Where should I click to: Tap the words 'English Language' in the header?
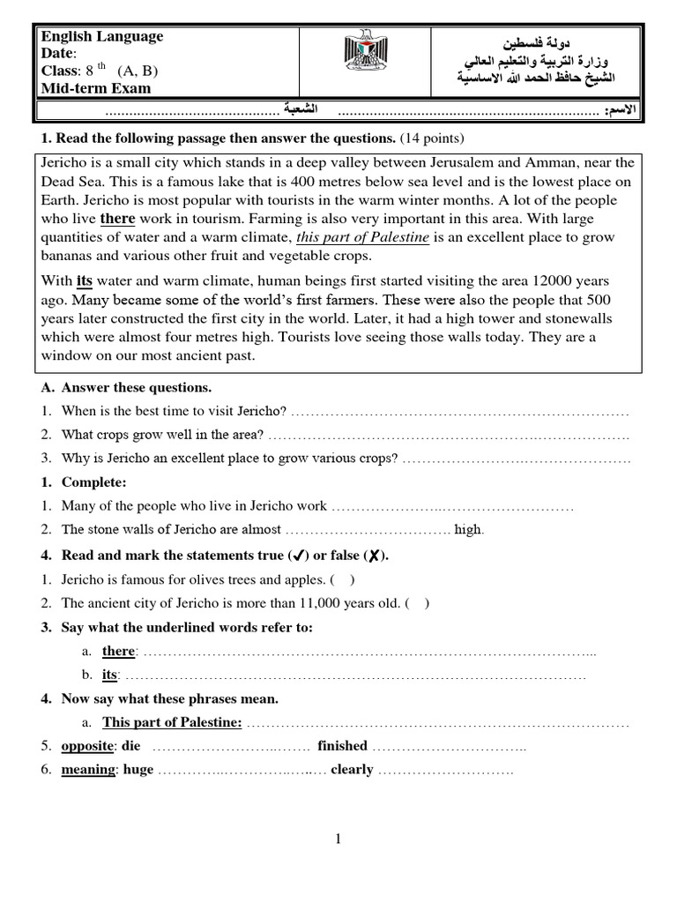point(101,36)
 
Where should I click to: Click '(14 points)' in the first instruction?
point(431,138)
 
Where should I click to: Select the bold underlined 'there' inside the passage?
point(117,219)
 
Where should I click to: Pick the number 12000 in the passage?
point(557,281)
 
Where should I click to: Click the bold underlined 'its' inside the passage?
point(85,280)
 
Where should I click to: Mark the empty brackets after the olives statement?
point(343,580)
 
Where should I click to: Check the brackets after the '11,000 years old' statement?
point(418,603)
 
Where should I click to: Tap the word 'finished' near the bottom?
point(342,746)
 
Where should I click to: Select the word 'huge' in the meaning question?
point(138,769)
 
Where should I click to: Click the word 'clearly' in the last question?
point(352,769)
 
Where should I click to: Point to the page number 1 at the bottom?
point(338,839)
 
